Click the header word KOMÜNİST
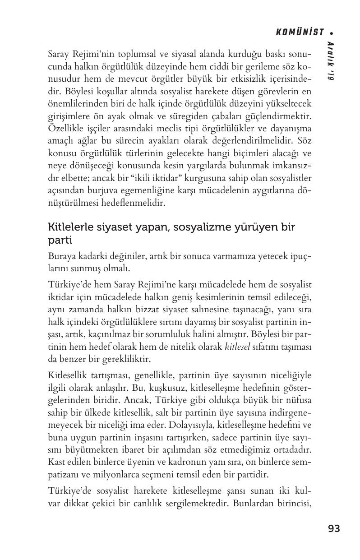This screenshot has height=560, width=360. coord(300,32)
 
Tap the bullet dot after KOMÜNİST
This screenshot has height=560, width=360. coord(332,33)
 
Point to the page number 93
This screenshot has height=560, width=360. coord(334,529)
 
